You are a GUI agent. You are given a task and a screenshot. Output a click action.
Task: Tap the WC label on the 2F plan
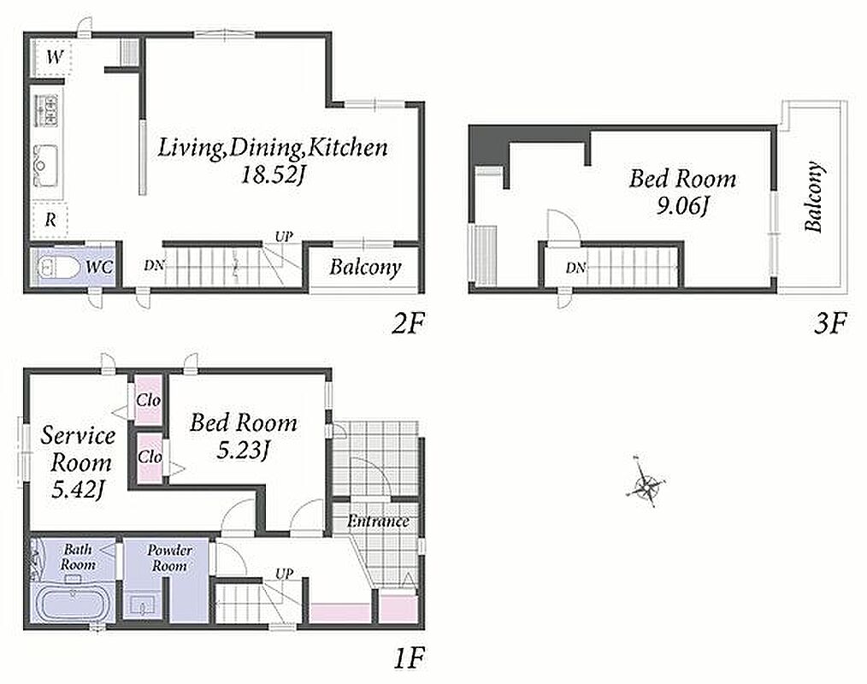pos(99,268)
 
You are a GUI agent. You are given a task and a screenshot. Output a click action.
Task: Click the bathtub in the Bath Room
pos(74,605)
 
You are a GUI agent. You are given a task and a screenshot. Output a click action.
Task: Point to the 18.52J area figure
pos(273,174)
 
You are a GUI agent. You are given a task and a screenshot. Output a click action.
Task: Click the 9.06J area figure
pos(682,206)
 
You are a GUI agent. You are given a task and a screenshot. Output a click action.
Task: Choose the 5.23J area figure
pos(243,451)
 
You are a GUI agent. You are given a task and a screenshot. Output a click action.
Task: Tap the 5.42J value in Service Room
pos(78,489)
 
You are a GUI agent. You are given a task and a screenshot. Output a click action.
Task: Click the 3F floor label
pos(829,323)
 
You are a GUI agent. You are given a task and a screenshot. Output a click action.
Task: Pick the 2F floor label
pos(407,323)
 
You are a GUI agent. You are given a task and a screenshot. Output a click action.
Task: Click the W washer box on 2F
pos(52,56)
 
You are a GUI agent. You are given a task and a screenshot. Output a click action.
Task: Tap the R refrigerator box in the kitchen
pos(50,220)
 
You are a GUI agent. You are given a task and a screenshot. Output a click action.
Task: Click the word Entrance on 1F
pos(378,521)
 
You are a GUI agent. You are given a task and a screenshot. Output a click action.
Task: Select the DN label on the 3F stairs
pos(575,268)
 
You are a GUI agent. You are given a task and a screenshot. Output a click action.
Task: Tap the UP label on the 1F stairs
pos(284,574)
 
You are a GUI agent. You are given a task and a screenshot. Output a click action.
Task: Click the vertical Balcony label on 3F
pos(813,197)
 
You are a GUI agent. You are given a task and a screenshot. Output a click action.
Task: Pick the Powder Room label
pos(169,558)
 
